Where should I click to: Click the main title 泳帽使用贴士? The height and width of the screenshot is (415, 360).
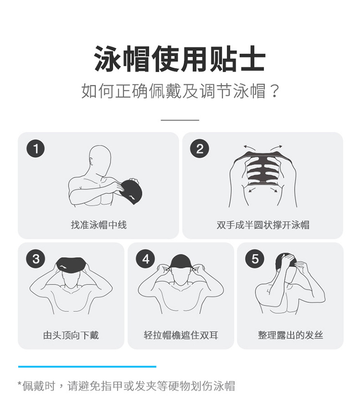point(180,59)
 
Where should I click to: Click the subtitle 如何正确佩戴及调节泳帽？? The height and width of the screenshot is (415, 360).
point(180,91)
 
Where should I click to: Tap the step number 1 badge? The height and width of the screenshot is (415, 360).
point(36,148)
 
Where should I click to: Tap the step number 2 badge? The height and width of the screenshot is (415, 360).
point(200,148)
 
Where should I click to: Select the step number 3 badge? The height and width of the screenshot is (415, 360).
point(36,259)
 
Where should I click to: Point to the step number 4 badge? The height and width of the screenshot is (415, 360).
point(145,259)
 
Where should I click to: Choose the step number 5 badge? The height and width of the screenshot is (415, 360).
point(255,259)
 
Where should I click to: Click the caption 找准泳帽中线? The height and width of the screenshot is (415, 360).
point(98,225)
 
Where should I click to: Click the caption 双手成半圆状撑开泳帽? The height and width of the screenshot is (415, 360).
point(263,225)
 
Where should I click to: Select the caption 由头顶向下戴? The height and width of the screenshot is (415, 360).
point(71,335)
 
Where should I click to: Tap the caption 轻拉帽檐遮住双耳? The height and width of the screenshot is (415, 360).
point(180,335)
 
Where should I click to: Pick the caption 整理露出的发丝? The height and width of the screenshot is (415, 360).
point(290,335)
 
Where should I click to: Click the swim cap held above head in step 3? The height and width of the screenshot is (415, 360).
point(71,264)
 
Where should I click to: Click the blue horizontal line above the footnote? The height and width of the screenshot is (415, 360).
point(87,367)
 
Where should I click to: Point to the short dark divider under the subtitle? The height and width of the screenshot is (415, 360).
point(180,120)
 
